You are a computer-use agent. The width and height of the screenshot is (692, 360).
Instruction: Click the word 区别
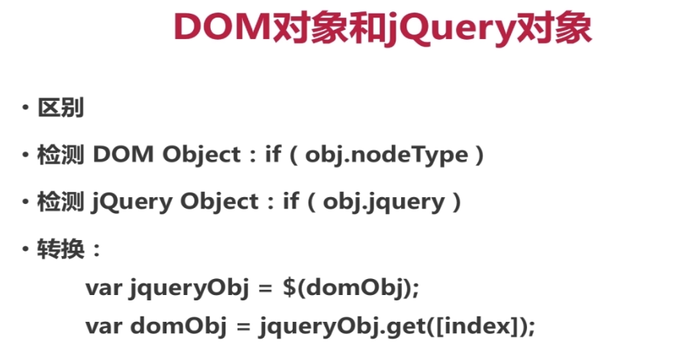tap(60, 108)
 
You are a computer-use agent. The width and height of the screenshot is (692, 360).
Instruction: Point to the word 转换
tap(60, 249)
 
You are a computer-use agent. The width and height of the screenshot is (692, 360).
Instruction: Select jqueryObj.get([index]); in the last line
tap(397, 327)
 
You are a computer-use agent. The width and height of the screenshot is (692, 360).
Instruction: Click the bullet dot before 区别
tap(25, 108)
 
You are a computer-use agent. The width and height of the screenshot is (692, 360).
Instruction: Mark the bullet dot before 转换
tap(25, 249)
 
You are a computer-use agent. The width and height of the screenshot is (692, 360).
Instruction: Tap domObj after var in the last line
tap(177, 327)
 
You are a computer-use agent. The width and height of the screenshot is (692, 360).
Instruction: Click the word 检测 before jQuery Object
tap(60, 202)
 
